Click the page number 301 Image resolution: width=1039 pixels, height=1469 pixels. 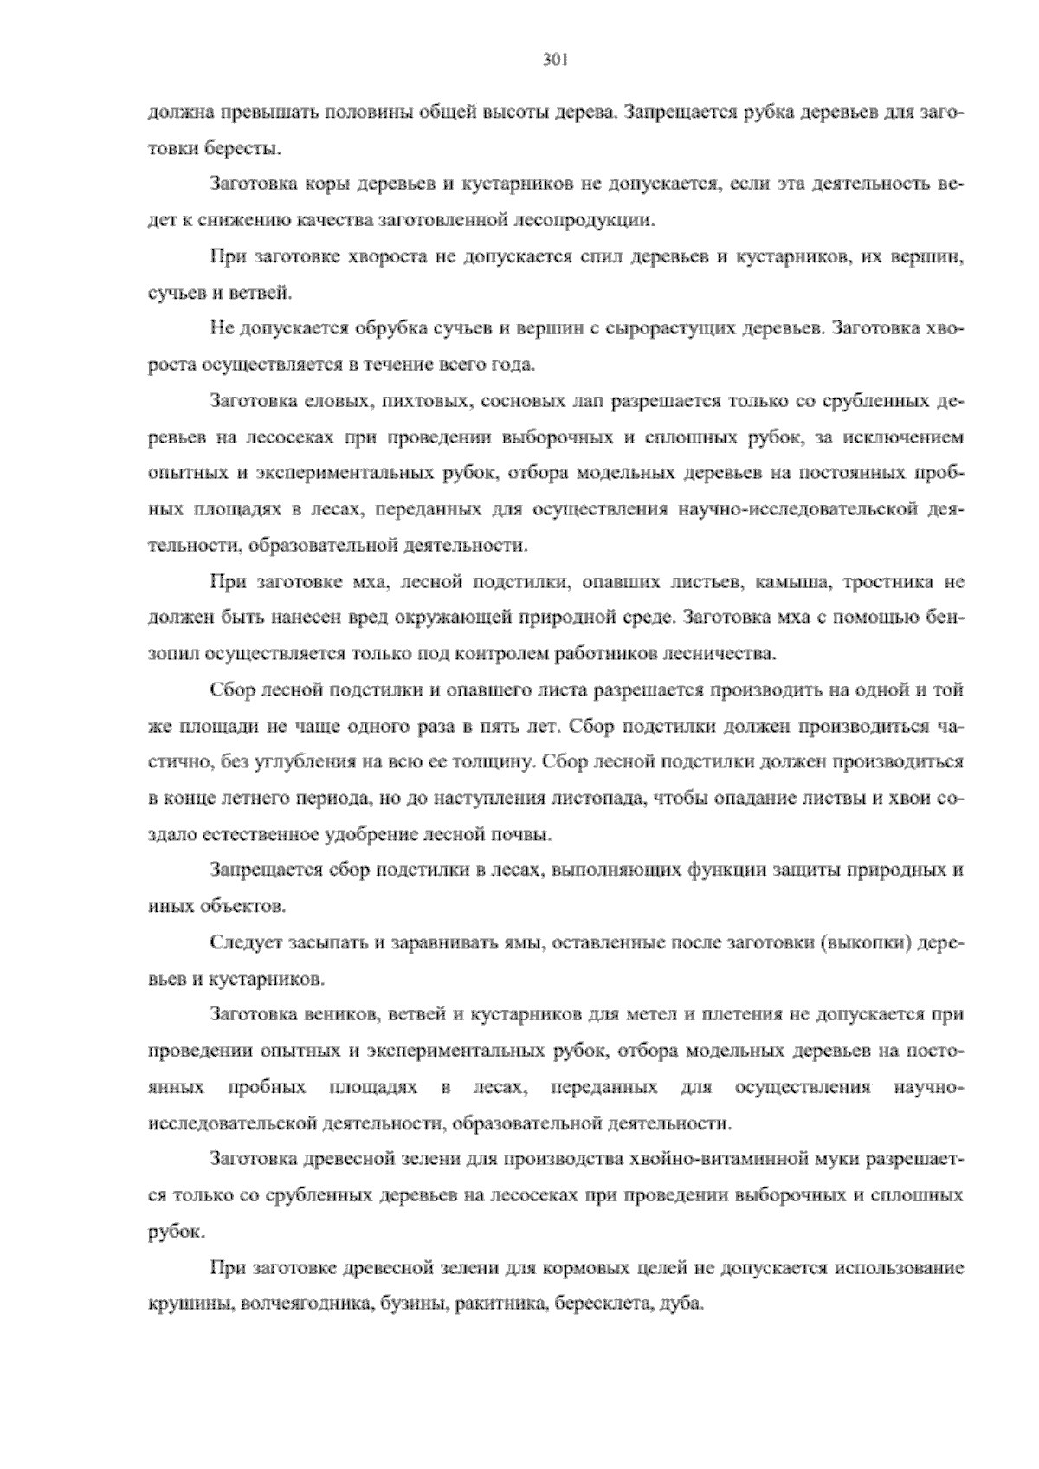coord(554,60)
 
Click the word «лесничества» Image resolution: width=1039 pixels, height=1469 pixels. coord(721,653)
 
